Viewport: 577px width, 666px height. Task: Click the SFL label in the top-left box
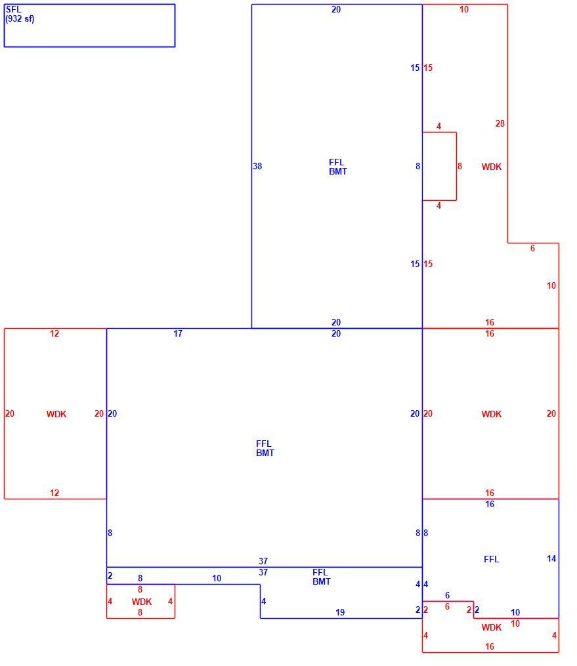pyautogui.click(x=13, y=9)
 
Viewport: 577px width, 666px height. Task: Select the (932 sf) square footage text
pyautogui.click(x=20, y=18)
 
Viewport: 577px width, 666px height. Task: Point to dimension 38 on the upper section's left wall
pyautogui.click(x=257, y=166)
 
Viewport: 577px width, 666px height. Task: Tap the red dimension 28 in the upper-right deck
pyautogui.click(x=500, y=123)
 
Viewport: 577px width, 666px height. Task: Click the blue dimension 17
pyautogui.click(x=178, y=333)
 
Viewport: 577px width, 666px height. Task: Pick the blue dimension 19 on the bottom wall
pyautogui.click(x=340, y=612)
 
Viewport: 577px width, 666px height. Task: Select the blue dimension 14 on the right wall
pyautogui.click(x=551, y=558)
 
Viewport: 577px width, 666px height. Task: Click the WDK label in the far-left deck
pyautogui.click(x=56, y=413)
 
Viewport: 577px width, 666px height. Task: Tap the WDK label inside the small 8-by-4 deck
pyautogui.click(x=142, y=602)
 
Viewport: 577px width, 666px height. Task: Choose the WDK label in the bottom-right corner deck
pyautogui.click(x=492, y=627)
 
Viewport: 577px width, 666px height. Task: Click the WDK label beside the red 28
pyautogui.click(x=492, y=167)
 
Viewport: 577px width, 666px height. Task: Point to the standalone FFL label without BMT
pyautogui.click(x=491, y=559)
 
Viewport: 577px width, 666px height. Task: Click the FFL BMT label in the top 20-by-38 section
pyautogui.click(x=338, y=167)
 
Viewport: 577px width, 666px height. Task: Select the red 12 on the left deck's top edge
pyautogui.click(x=54, y=333)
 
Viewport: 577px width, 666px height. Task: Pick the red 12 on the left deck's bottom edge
pyautogui.click(x=54, y=493)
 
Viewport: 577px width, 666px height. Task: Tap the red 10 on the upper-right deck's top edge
pyautogui.click(x=464, y=9)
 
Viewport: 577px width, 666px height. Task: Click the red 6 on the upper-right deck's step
pyautogui.click(x=532, y=248)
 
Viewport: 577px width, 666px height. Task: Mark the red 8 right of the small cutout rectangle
pyautogui.click(x=459, y=166)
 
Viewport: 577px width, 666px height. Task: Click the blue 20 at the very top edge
pyautogui.click(x=336, y=9)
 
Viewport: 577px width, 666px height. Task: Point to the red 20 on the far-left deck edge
pyautogui.click(x=10, y=413)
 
